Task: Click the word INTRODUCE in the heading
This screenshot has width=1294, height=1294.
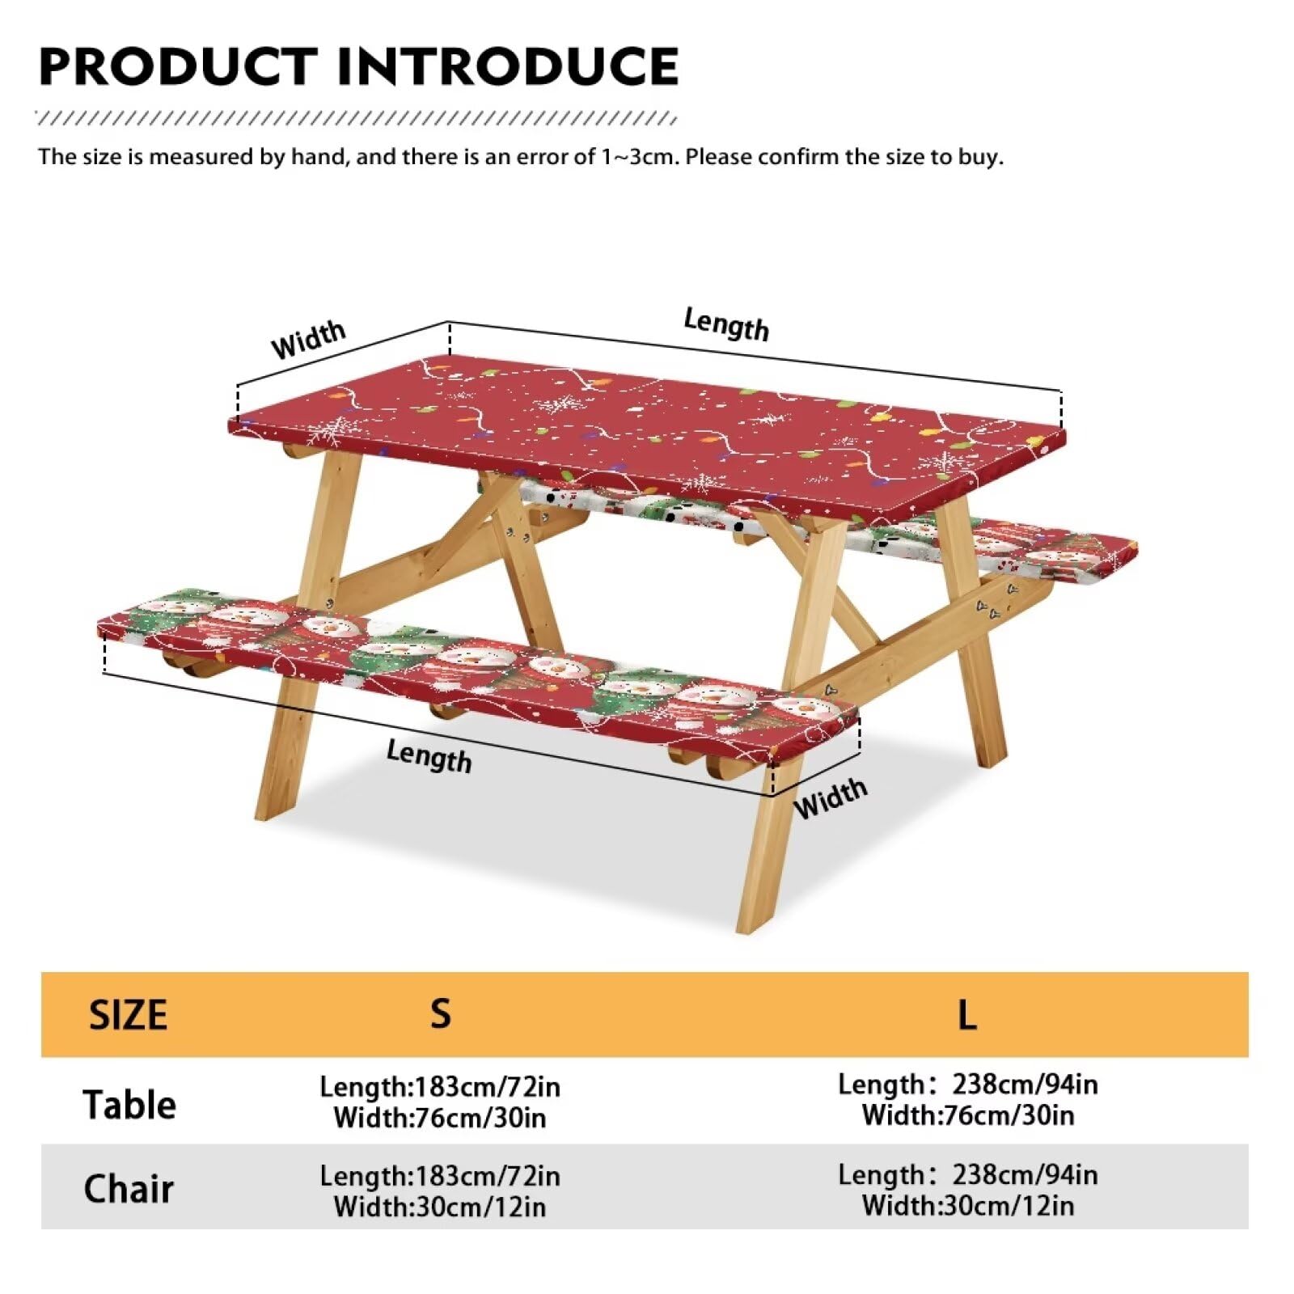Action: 508,66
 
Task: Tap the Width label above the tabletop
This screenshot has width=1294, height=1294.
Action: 308,340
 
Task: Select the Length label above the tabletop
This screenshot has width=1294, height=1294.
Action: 726,324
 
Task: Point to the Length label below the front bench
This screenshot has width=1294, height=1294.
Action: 429,756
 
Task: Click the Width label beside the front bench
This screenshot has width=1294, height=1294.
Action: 831,797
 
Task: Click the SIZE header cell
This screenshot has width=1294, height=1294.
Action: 128,1015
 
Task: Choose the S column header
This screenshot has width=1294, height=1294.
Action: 440,1013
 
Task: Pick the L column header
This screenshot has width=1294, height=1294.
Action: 967,1014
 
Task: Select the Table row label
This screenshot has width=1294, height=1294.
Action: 129,1104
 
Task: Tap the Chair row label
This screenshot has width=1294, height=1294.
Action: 129,1189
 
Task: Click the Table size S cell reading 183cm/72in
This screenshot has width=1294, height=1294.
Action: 440,1102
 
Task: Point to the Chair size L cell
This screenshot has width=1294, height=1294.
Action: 968,1190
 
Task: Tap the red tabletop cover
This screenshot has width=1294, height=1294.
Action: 647,437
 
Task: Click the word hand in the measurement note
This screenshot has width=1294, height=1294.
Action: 319,156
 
